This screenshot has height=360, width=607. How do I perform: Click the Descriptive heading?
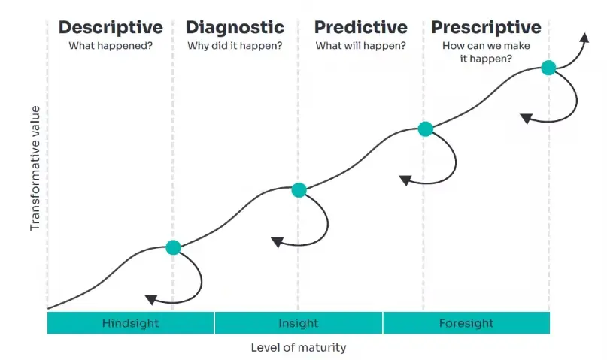tap(111, 28)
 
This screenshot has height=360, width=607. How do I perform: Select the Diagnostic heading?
tap(235, 28)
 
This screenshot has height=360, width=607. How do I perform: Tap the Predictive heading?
tap(361, 28)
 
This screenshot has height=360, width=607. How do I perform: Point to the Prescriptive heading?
tap(486, 28)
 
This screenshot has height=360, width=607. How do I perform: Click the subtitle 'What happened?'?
tap(111, 46)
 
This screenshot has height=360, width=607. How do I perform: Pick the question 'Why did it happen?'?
tap(235, 46)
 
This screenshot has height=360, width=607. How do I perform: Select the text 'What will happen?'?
tap(361, 46)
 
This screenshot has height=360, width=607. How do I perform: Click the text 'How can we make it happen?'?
tap(486, 52)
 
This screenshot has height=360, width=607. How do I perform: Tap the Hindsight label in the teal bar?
tap(130, 323)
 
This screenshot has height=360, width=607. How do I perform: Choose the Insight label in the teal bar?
tap(299, 323)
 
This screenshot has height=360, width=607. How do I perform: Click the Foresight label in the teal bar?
tap(466, 323)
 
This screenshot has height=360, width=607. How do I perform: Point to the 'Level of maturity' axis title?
tap(299, 348)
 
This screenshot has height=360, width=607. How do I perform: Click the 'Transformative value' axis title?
tap(35, 168)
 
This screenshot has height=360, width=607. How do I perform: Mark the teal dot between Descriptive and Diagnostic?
tap(174, 247)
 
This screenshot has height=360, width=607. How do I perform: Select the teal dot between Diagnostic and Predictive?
tap(299, 190)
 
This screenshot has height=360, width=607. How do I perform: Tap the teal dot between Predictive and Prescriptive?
tap(426, 129)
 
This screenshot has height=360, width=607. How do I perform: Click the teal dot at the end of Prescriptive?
tap(548, 68)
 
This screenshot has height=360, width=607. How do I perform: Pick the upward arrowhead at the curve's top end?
tap(584, 38)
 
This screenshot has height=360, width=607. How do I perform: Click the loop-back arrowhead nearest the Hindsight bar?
tap(151, 299)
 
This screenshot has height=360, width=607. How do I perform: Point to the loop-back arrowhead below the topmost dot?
tap(526, 118)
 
